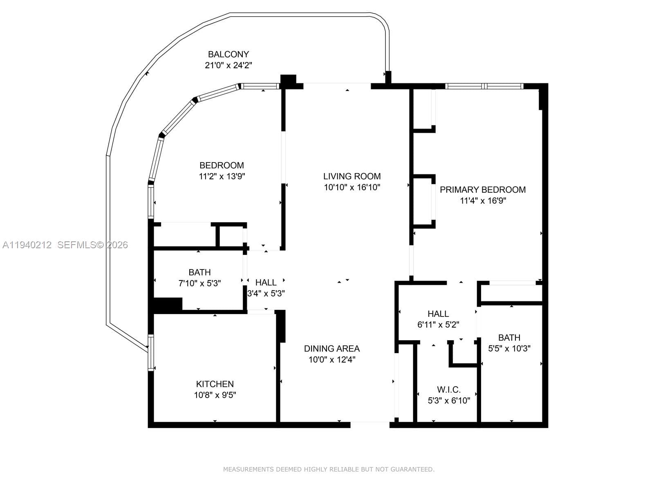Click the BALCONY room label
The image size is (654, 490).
click(228, 54)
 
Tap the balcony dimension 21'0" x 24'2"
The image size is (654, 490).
click(228, 65)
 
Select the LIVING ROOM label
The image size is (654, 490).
click(352, 176)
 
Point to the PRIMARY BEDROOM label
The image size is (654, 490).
click(482, 190)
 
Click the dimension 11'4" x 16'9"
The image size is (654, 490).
click(483, 201)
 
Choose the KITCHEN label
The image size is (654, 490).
click(215, 384)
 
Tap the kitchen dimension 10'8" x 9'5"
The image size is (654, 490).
click(215, 395)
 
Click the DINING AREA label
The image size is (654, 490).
click(331, 349)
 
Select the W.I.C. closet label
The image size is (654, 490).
click(448, 390)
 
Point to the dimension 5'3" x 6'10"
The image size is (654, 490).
click(448, 401)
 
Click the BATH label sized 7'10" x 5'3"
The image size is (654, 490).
click(199, 272)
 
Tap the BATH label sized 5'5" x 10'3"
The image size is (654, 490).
click(509, 338)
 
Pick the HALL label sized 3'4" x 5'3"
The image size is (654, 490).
click(266, 283)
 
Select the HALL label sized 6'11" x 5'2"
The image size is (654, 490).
click(438, 314)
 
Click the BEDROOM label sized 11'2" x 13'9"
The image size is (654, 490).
click(222, 165)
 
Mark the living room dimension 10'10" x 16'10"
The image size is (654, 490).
click(352, 187)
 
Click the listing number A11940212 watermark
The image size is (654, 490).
click(27, 245)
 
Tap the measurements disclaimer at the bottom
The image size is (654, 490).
click(329, 470)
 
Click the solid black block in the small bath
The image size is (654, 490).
click(168, 305)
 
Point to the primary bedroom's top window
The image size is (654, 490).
click(484, 86)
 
